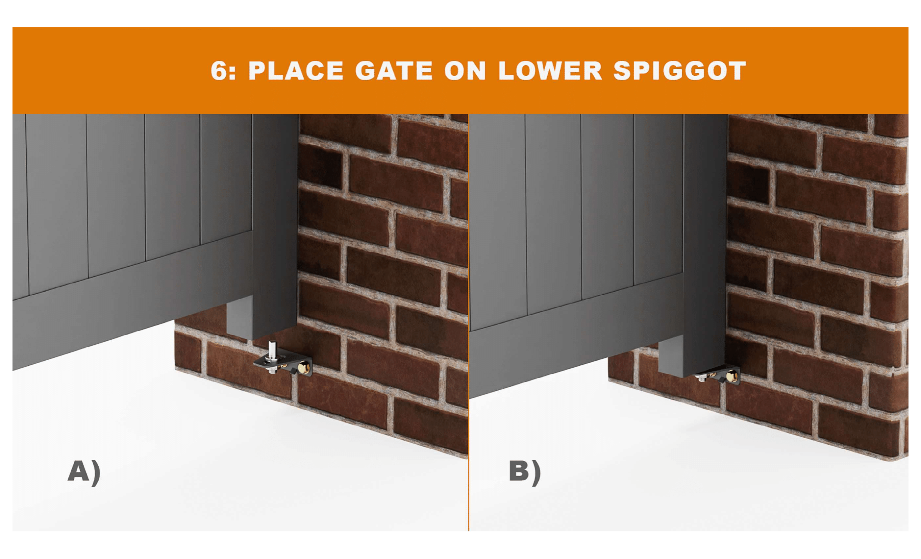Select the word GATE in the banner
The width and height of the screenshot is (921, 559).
[394, 71]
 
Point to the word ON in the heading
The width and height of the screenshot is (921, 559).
[465, 71]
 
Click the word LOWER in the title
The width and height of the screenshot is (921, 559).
[550, 71]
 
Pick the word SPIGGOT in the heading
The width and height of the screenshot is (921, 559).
[680, 71]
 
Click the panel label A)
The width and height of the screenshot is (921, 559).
[84, 472]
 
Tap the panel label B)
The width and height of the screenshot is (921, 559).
[525, 472]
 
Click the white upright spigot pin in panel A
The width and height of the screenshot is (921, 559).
[272, 349]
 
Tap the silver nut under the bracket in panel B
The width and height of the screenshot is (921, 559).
[701, 378]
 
